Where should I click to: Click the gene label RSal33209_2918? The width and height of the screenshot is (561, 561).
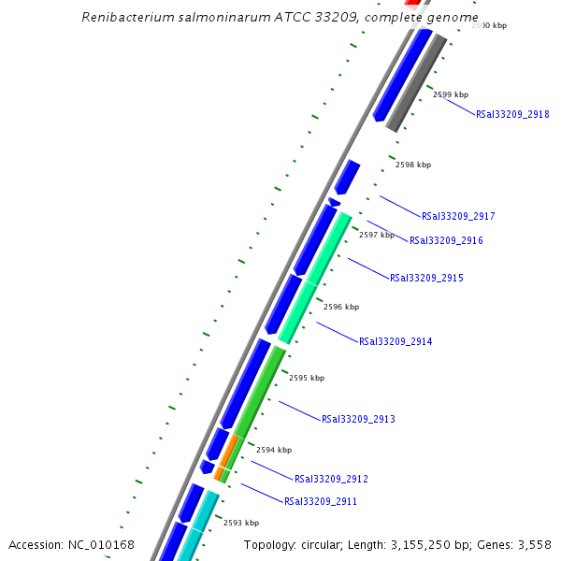(512, 115)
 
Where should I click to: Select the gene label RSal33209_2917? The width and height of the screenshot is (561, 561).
(458, 217)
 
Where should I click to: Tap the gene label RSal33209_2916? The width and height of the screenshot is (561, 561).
(446, 241)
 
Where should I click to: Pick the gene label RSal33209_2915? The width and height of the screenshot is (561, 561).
(426, 279)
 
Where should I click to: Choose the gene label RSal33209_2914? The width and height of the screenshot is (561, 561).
(396, 342)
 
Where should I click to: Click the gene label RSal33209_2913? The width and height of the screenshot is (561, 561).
(358, 420)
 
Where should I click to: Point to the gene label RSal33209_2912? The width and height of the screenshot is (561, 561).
(331, 480)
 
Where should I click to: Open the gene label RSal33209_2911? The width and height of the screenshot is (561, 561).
(321, 502)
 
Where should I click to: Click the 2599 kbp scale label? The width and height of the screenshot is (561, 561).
(451, 95)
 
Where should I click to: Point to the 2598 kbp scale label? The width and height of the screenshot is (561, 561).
(413, 165)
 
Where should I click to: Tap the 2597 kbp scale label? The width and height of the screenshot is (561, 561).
(377, 236)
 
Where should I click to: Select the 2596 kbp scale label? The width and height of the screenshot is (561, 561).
(341, 307)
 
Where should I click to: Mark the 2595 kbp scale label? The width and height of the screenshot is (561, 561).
(307, 379)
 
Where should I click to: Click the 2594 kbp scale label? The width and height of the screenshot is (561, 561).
(274, 451)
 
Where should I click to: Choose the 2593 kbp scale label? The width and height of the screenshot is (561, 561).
(241, 524)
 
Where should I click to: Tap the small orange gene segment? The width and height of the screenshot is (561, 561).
(228, 454)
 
